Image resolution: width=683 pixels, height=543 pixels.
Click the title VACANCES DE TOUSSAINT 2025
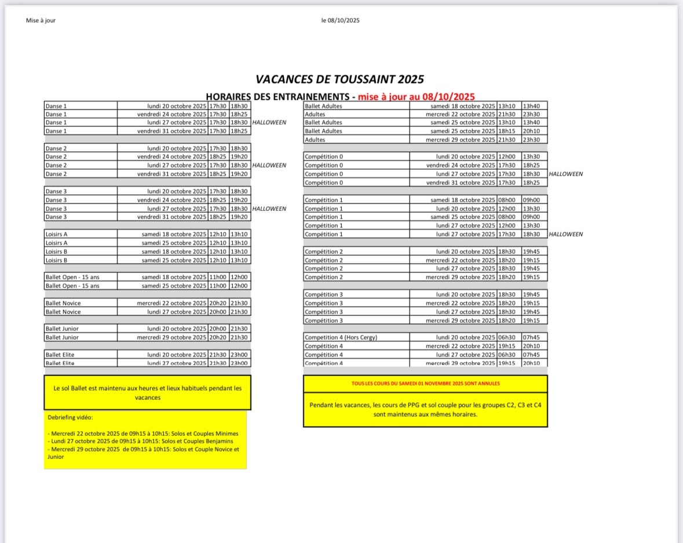(340, 79)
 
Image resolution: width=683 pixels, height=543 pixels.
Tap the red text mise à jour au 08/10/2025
(416, 97)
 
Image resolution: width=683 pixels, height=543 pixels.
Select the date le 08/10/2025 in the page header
(341, 20)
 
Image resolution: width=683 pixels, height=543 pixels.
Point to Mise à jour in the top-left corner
(41, 20)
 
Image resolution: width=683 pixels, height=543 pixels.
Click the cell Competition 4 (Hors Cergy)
(341, 337)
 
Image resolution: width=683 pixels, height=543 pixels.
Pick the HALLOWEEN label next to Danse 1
(269, 123)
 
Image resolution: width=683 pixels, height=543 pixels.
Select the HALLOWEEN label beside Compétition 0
(565, 174)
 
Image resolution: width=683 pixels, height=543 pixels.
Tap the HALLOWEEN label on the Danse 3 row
(269, 209)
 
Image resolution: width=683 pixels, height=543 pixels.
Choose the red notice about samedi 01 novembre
(425, 384)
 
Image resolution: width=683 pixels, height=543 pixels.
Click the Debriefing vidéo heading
(70, 417)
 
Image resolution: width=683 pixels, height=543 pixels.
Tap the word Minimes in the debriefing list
(225, 433)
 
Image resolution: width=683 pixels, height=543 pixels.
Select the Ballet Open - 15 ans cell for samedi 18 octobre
(72, 277)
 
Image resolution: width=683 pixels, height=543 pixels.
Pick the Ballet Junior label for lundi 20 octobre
(62, 329)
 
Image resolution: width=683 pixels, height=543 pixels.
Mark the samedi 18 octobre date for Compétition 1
(463, 200)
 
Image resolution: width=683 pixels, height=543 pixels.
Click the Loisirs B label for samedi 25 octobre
(56, 260)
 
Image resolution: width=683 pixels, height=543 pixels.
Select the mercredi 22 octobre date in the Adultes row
(461, 114)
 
